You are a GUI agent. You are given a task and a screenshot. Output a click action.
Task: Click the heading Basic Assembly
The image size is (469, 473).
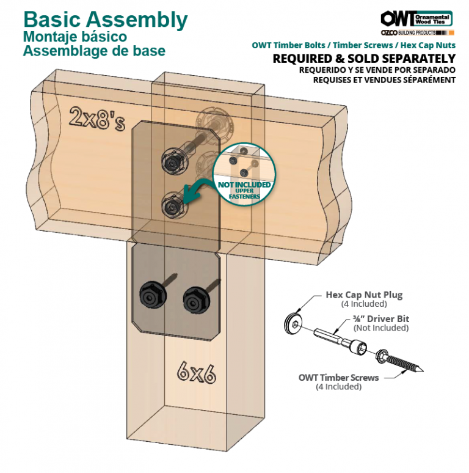coord(105,20)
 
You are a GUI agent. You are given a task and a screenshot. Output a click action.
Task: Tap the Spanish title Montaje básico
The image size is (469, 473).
coord(75,37)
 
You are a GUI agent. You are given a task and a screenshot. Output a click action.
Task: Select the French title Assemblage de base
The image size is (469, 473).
coord(94,51)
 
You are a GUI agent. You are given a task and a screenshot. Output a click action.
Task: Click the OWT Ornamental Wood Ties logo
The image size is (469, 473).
coord(416,18)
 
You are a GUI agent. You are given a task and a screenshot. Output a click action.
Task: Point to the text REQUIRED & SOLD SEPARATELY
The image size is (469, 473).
coord(364,59)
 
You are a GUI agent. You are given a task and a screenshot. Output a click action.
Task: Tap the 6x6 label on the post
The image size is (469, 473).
coord(196,372)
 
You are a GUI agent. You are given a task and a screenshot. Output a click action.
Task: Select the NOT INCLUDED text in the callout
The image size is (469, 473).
coord(244,185)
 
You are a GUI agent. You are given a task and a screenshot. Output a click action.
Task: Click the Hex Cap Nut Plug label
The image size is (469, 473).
coord(364,295)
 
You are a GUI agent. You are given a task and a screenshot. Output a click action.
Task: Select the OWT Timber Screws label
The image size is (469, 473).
coord(338,378)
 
